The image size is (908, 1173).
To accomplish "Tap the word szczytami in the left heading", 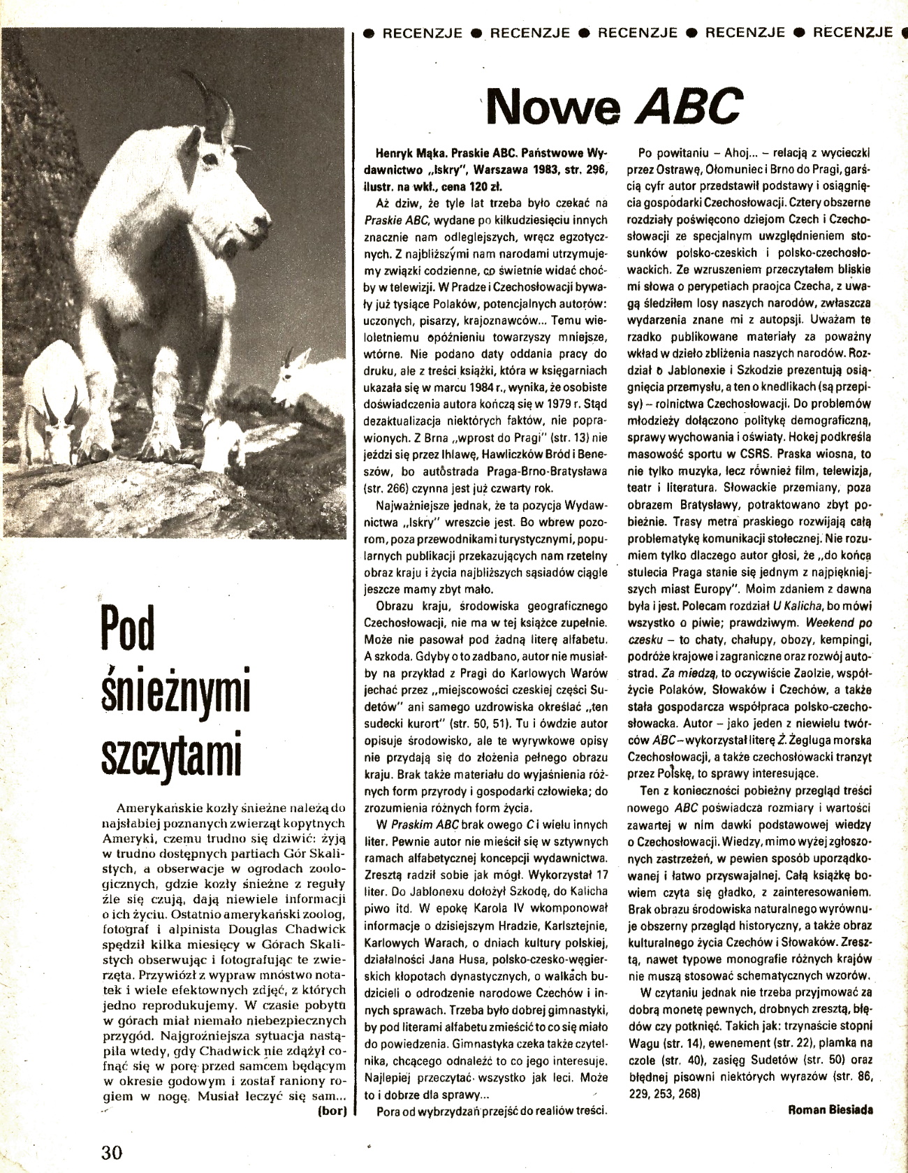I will coord(170,752).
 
